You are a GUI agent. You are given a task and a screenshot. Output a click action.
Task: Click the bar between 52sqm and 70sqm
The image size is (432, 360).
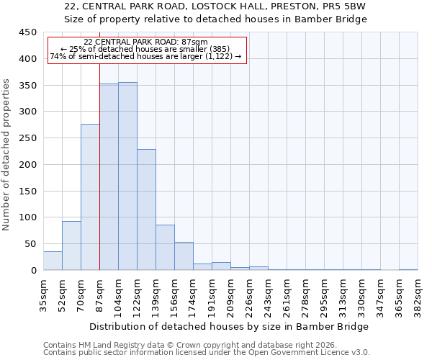tap(71, 246)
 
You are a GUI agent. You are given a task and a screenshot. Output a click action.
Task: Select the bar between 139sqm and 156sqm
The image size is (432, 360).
tap(165, 248)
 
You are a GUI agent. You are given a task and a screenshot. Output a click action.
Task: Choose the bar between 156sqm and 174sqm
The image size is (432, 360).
tap(184, 256)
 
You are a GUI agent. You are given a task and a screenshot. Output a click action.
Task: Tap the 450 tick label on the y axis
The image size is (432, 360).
tap(27, 32)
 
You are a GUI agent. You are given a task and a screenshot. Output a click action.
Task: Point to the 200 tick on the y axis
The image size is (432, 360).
tap(27, 165)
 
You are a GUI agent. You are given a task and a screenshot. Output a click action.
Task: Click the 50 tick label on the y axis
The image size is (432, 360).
tap(30, 244)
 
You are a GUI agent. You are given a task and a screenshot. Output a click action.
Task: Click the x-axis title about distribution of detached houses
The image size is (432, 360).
tap(230, 326)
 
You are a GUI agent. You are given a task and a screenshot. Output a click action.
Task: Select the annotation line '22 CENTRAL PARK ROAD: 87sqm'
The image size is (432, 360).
tap(145, 42)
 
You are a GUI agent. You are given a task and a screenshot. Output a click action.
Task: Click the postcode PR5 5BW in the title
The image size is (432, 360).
tap(347, 6)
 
